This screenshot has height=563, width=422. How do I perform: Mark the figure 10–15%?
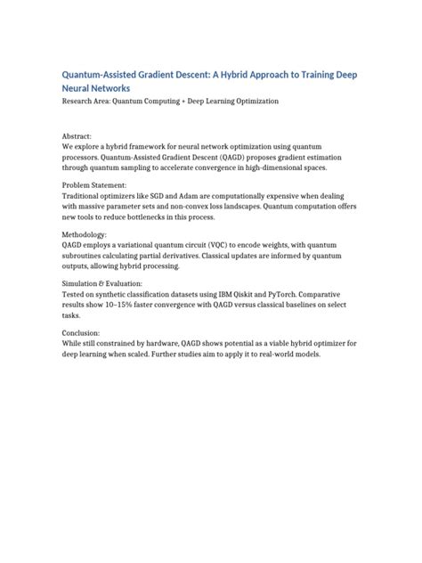134,306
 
